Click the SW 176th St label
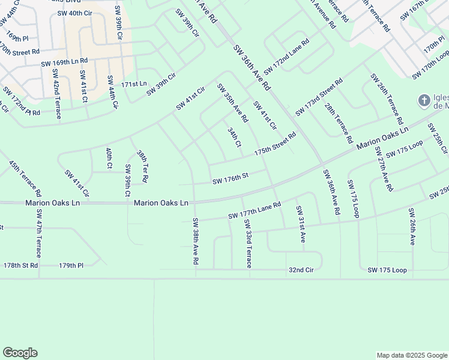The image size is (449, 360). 230,178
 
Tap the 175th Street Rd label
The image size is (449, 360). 276,145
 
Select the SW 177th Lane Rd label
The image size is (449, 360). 255,211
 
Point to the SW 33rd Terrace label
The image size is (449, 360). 247,243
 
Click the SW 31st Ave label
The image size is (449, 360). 300,224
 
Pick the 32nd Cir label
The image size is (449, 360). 301,271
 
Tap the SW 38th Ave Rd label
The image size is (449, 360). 195,242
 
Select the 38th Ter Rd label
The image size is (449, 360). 142,166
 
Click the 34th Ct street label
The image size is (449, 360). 235,137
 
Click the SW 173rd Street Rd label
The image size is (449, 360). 319,97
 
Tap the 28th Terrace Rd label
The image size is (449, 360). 339,123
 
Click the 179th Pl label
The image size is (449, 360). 71,265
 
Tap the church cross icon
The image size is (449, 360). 424,100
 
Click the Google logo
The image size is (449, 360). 20,353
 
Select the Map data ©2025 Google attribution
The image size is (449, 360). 411,355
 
